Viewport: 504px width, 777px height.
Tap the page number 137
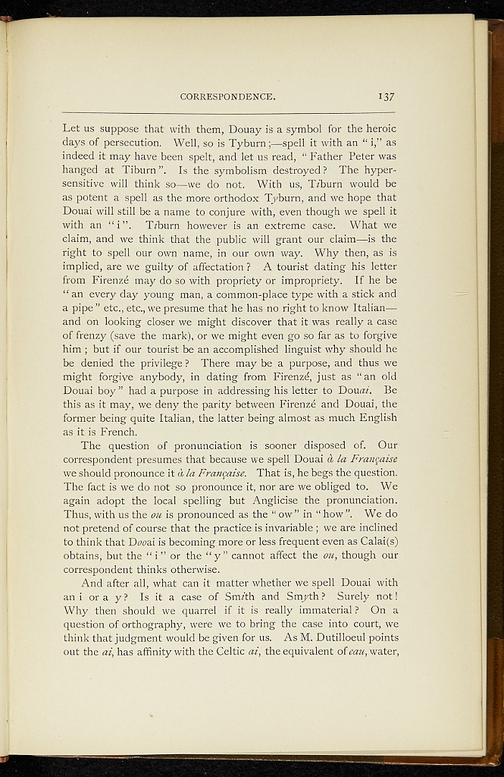pos(385,96)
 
